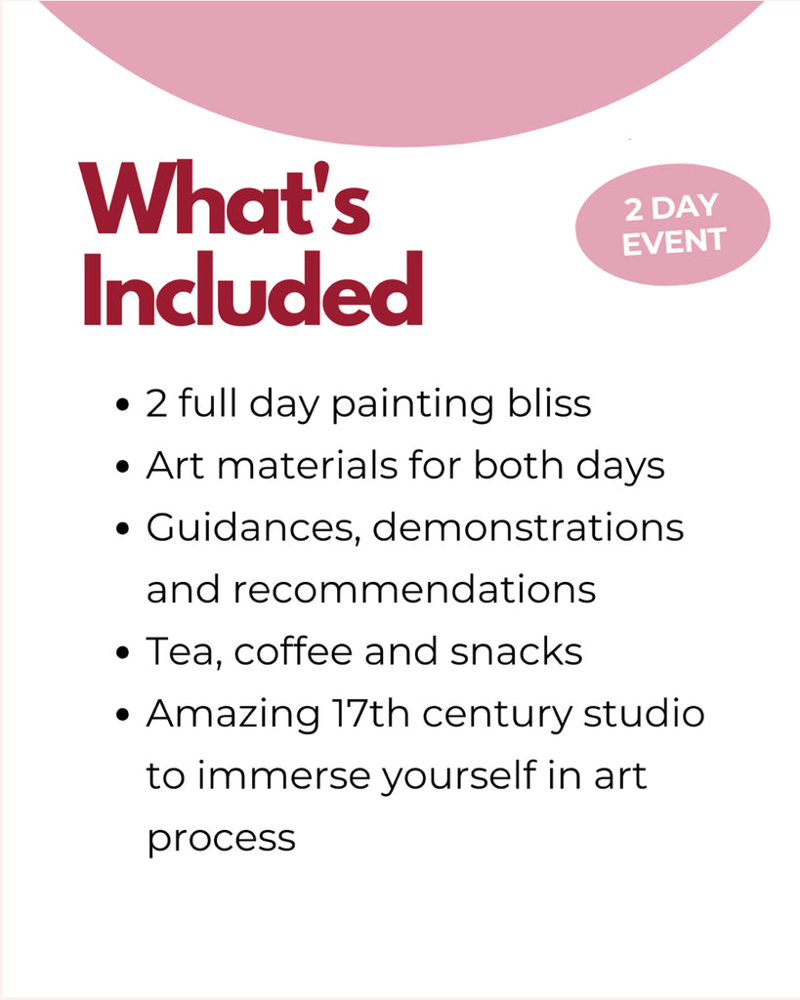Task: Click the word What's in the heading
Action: [224, 197]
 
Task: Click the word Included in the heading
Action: [253, 288]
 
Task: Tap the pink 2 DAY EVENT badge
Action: [673, 225]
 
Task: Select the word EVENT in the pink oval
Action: [674, 242]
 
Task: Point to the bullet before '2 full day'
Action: [123, 405]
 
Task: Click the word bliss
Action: [549, 403]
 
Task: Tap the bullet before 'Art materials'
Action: [123, 467]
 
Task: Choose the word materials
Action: [308, 465]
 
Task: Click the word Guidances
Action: [253, 528]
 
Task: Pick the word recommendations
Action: [414, 589]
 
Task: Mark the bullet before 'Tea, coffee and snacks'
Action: [123, 653]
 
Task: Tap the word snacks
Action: [516, 651]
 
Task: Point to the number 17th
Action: [370, 713]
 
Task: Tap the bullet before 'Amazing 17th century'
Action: [123, 715]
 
